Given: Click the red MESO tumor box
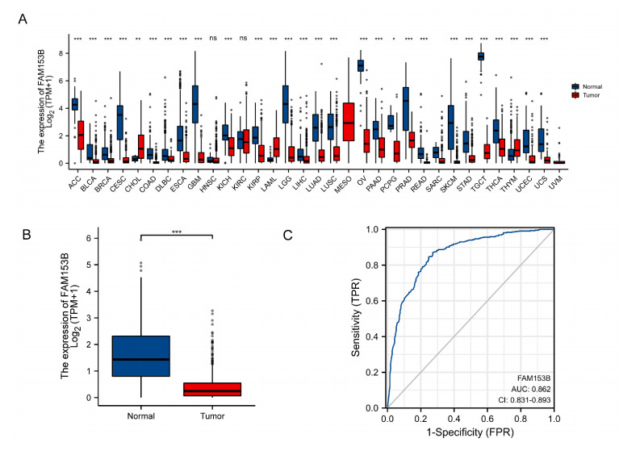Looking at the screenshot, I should point(349,122).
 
